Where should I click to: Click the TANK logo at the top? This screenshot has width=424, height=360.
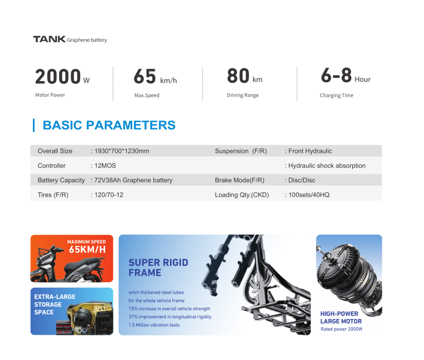49,39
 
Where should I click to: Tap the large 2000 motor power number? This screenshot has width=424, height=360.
58,76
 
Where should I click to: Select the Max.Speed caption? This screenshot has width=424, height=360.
147,95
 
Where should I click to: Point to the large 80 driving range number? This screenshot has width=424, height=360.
238,76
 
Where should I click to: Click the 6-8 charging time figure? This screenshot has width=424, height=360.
336,75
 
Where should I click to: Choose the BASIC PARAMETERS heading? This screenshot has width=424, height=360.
109,125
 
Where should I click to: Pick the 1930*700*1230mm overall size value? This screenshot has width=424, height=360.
122,151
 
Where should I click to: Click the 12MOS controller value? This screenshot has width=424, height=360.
105,165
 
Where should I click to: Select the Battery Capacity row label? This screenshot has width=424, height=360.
61,180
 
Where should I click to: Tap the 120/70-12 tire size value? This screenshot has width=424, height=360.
109,195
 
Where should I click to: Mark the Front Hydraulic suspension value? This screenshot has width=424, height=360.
310,151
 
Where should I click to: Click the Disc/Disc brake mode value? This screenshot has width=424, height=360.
302,180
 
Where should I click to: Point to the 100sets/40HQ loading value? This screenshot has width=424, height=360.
309,195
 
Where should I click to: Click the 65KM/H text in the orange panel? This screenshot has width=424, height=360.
87,249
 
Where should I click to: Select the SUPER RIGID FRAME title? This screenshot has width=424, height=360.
158,267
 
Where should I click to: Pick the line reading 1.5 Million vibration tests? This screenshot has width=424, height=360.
154,325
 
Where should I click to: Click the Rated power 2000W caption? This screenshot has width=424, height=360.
341,329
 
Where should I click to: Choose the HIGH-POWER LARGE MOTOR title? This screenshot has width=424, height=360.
341,317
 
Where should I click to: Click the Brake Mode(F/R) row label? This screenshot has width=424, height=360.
240,180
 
